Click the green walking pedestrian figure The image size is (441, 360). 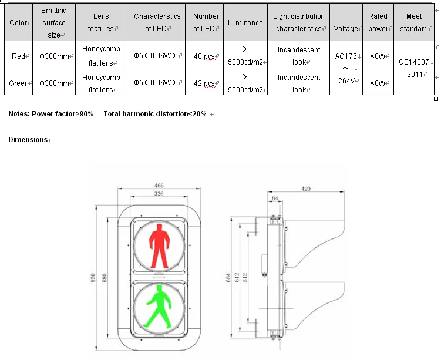coord(158,305)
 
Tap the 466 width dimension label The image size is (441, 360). coord(159,186)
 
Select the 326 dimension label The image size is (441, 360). coord(159,193)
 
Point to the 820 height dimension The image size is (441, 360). coord(93,278)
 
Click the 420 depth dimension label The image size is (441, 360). coord(306,189)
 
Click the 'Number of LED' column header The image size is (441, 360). coord(206,22)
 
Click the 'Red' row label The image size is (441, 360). coord(19,56)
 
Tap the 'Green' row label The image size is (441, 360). coord(19,83)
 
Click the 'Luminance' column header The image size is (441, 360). coord(245,23)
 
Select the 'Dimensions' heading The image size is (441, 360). coord(28,140)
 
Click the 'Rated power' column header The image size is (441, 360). coord(378,22)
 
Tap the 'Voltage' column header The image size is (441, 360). coord(346,29)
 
